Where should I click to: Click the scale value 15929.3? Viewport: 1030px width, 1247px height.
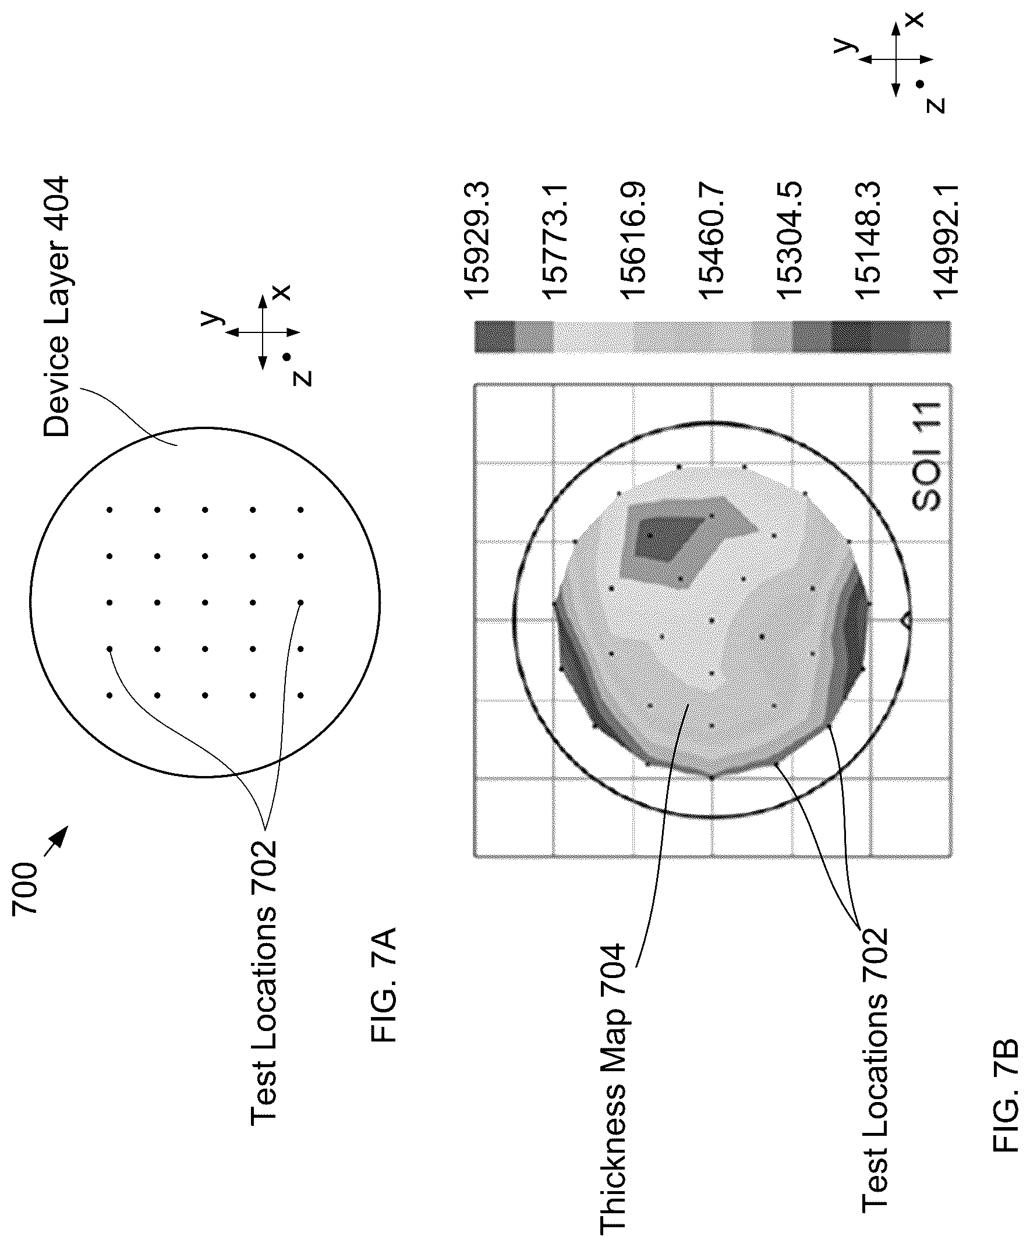click(476, 239)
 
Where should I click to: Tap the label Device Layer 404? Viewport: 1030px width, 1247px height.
click(56, 307)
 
